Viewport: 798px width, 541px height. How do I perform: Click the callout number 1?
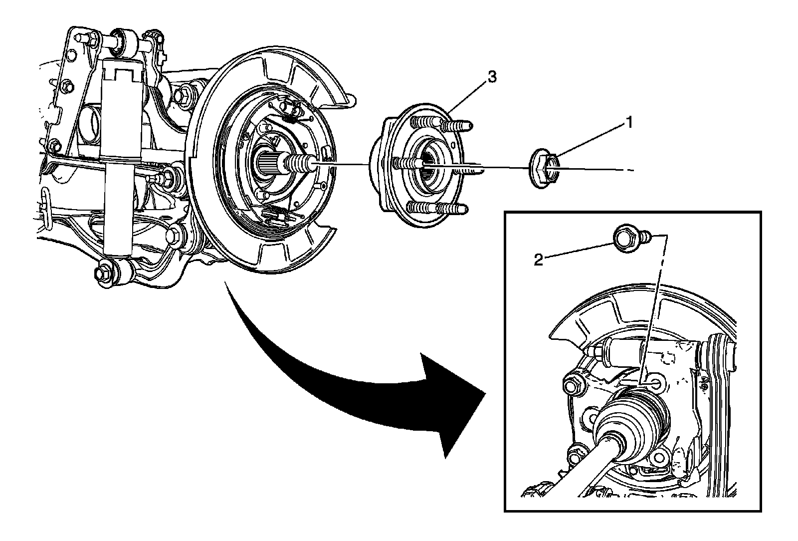pos(630,122)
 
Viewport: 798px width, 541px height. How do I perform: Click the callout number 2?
pos(539,260)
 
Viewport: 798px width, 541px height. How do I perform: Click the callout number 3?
pos(492,77)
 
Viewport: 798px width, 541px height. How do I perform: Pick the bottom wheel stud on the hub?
pos(439,209)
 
